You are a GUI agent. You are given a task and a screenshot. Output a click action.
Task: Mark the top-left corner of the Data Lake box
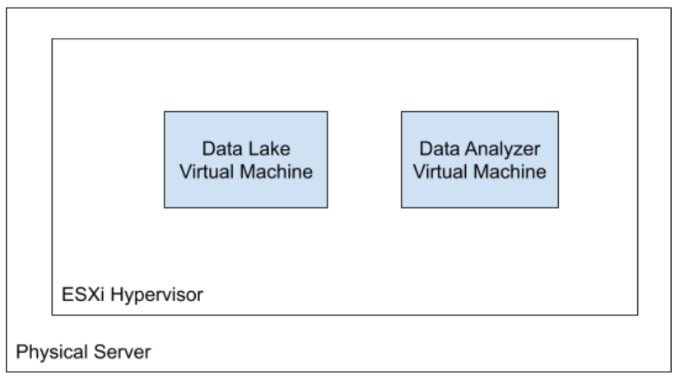(x=165, y=112)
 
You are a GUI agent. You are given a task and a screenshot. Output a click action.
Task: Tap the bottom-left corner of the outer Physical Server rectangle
(x=7, y=371)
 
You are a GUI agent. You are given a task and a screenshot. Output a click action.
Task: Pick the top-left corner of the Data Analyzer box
(x=401, y=112)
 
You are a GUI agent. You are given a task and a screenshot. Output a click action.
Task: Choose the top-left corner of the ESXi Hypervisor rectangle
(x=52, y=39)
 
